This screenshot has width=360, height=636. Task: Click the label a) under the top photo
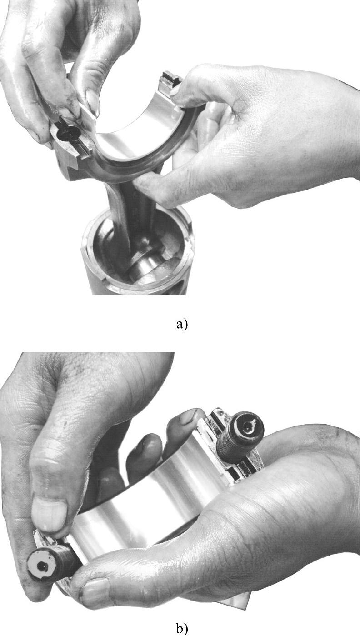tap(182, 324)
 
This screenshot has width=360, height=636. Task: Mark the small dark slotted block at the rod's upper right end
tap(170, 81)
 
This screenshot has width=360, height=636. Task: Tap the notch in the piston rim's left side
tap(84, 250)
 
